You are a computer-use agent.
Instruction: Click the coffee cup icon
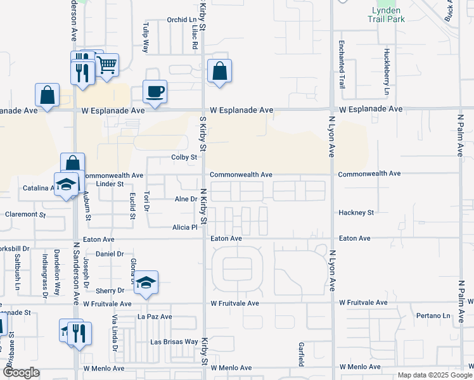pyautogui.click(x=155, y=91)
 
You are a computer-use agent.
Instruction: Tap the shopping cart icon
pyautogui.click(x=106, y=65)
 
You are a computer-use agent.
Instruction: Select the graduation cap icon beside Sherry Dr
pyautogui.click(x=146, y=282)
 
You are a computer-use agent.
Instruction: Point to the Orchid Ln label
pyautogui.click(x=182, y=20)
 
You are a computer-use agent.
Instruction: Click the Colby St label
pyautogui.click(x=185, y=157)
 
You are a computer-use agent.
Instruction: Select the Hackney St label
pyautogui.click(x=356, y=213)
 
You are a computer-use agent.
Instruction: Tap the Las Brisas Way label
pyautogui.click(x=174, y=341)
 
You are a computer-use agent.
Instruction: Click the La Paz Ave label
pyautogui.click(x=155, y=316)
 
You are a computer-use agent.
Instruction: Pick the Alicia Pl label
pyautogui.click(x=185, y=227)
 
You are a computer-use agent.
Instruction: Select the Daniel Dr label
pyautogui.click(x=110, y=254)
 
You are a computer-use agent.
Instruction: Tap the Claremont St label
pyautogui.click(x=25, y=215)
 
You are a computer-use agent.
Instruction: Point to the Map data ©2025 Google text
pyautogui.click(x=434, y=375)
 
